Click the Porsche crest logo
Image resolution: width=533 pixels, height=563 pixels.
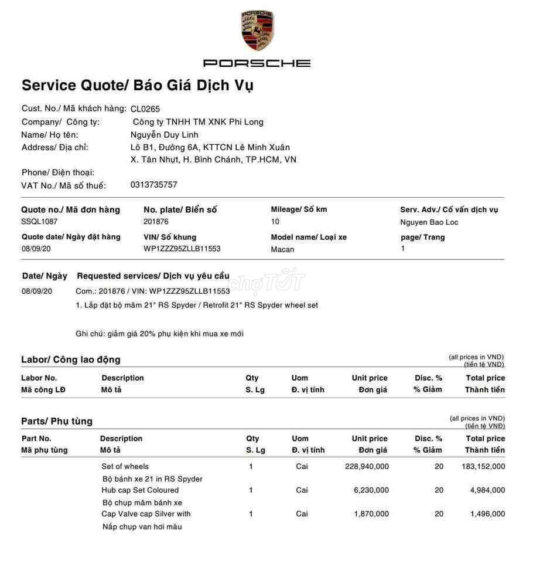(257, 30)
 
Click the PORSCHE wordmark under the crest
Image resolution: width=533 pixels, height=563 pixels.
(257, 63)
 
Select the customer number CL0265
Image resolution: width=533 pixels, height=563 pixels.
(145, 108)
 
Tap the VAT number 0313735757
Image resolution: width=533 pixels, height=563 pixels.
(153, 185)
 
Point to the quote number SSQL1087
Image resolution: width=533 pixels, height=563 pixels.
(39, 222)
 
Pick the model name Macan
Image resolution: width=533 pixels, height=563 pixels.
(282, 249)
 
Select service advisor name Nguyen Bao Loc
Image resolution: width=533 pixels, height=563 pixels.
(429, 222)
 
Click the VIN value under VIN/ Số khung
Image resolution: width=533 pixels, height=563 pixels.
(182, 249)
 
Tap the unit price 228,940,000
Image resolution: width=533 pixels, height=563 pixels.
(367, 467)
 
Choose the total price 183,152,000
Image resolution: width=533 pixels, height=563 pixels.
(479, 467)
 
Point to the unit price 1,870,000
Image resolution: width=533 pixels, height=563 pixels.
(371, 514)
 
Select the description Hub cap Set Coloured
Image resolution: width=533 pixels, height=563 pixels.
(140, 490)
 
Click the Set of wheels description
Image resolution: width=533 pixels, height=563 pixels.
(125, 467)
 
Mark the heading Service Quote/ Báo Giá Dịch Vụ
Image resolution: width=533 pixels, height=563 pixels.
(138, 85)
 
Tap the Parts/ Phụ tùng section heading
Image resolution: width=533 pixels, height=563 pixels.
(57, 421)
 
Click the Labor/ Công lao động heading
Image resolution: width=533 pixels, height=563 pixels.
(71, 359)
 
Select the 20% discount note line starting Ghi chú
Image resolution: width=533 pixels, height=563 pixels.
(159, 334)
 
